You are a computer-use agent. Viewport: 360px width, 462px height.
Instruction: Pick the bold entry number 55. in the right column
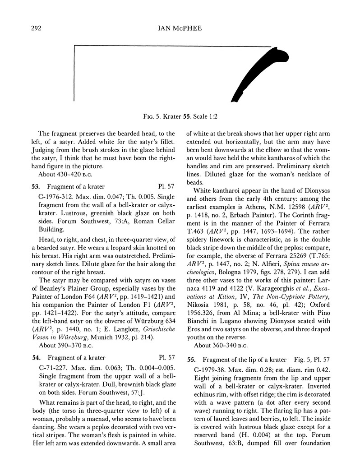(191, 359)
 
